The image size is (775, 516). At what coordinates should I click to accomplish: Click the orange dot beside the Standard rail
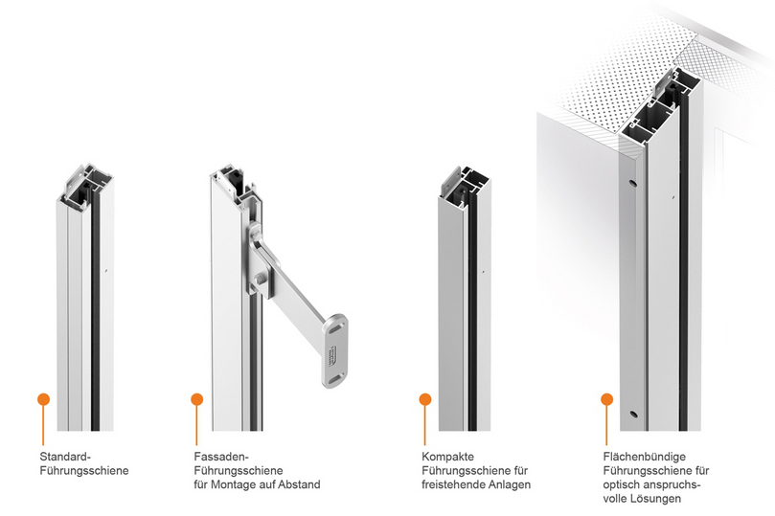coord(43,399)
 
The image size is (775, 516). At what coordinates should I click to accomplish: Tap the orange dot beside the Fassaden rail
coord(197,399)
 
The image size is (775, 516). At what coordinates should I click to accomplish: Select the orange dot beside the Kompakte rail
coord(425,399)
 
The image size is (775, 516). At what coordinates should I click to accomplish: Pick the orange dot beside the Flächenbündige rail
coord(607,399)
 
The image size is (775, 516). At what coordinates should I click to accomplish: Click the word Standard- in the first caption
coord(65,457)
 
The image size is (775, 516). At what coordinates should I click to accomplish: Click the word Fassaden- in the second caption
coord(221,457)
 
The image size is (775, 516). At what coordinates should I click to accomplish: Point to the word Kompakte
coord(447,457)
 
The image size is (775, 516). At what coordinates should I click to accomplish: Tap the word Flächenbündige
coord(645,457)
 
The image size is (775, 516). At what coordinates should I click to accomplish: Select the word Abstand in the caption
coord(299,485)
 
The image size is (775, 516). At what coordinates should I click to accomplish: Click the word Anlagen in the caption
coord(510,485)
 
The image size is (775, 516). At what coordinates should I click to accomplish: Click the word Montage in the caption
coord(231,485)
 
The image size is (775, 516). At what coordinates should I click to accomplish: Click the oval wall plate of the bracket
coord(335,350)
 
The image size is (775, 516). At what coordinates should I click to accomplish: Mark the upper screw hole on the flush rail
coord(632,183)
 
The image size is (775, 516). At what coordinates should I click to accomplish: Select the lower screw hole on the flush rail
coord(633,414)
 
